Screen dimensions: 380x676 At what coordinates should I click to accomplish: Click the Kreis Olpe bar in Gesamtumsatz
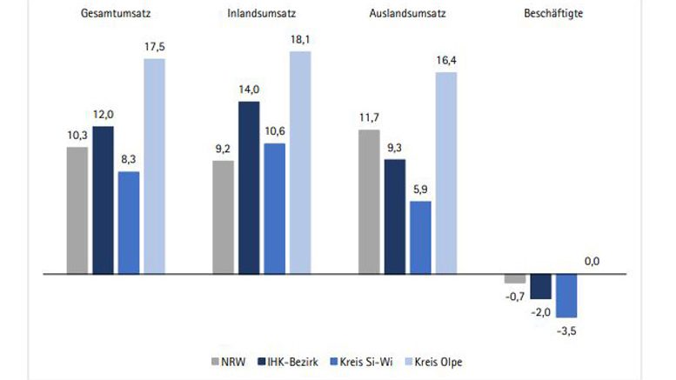(154, 165)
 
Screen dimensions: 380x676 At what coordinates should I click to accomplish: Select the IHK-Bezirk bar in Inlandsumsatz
(249, 187)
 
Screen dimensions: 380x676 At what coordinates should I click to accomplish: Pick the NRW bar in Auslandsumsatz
(369, 201)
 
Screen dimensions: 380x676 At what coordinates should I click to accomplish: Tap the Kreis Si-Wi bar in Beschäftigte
(566, 295)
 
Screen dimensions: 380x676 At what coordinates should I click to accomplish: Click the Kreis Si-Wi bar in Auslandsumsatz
(420, 237)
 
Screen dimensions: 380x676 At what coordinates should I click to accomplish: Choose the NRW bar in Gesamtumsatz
(77, 210)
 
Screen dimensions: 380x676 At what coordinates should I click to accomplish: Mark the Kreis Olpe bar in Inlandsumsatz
(300, 162)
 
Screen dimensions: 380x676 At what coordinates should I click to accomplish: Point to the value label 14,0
(249, 90)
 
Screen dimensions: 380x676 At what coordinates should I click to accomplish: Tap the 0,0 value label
(592, 261)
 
